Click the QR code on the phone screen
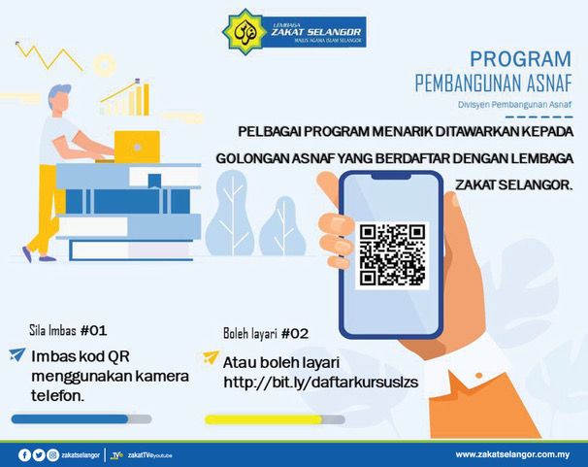[x=392, y=253]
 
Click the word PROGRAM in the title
[x=519, y=58]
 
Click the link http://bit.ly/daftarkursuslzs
[x=320, y=382]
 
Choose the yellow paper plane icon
[x=211, y=358]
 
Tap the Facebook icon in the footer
[x=24, y=453]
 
